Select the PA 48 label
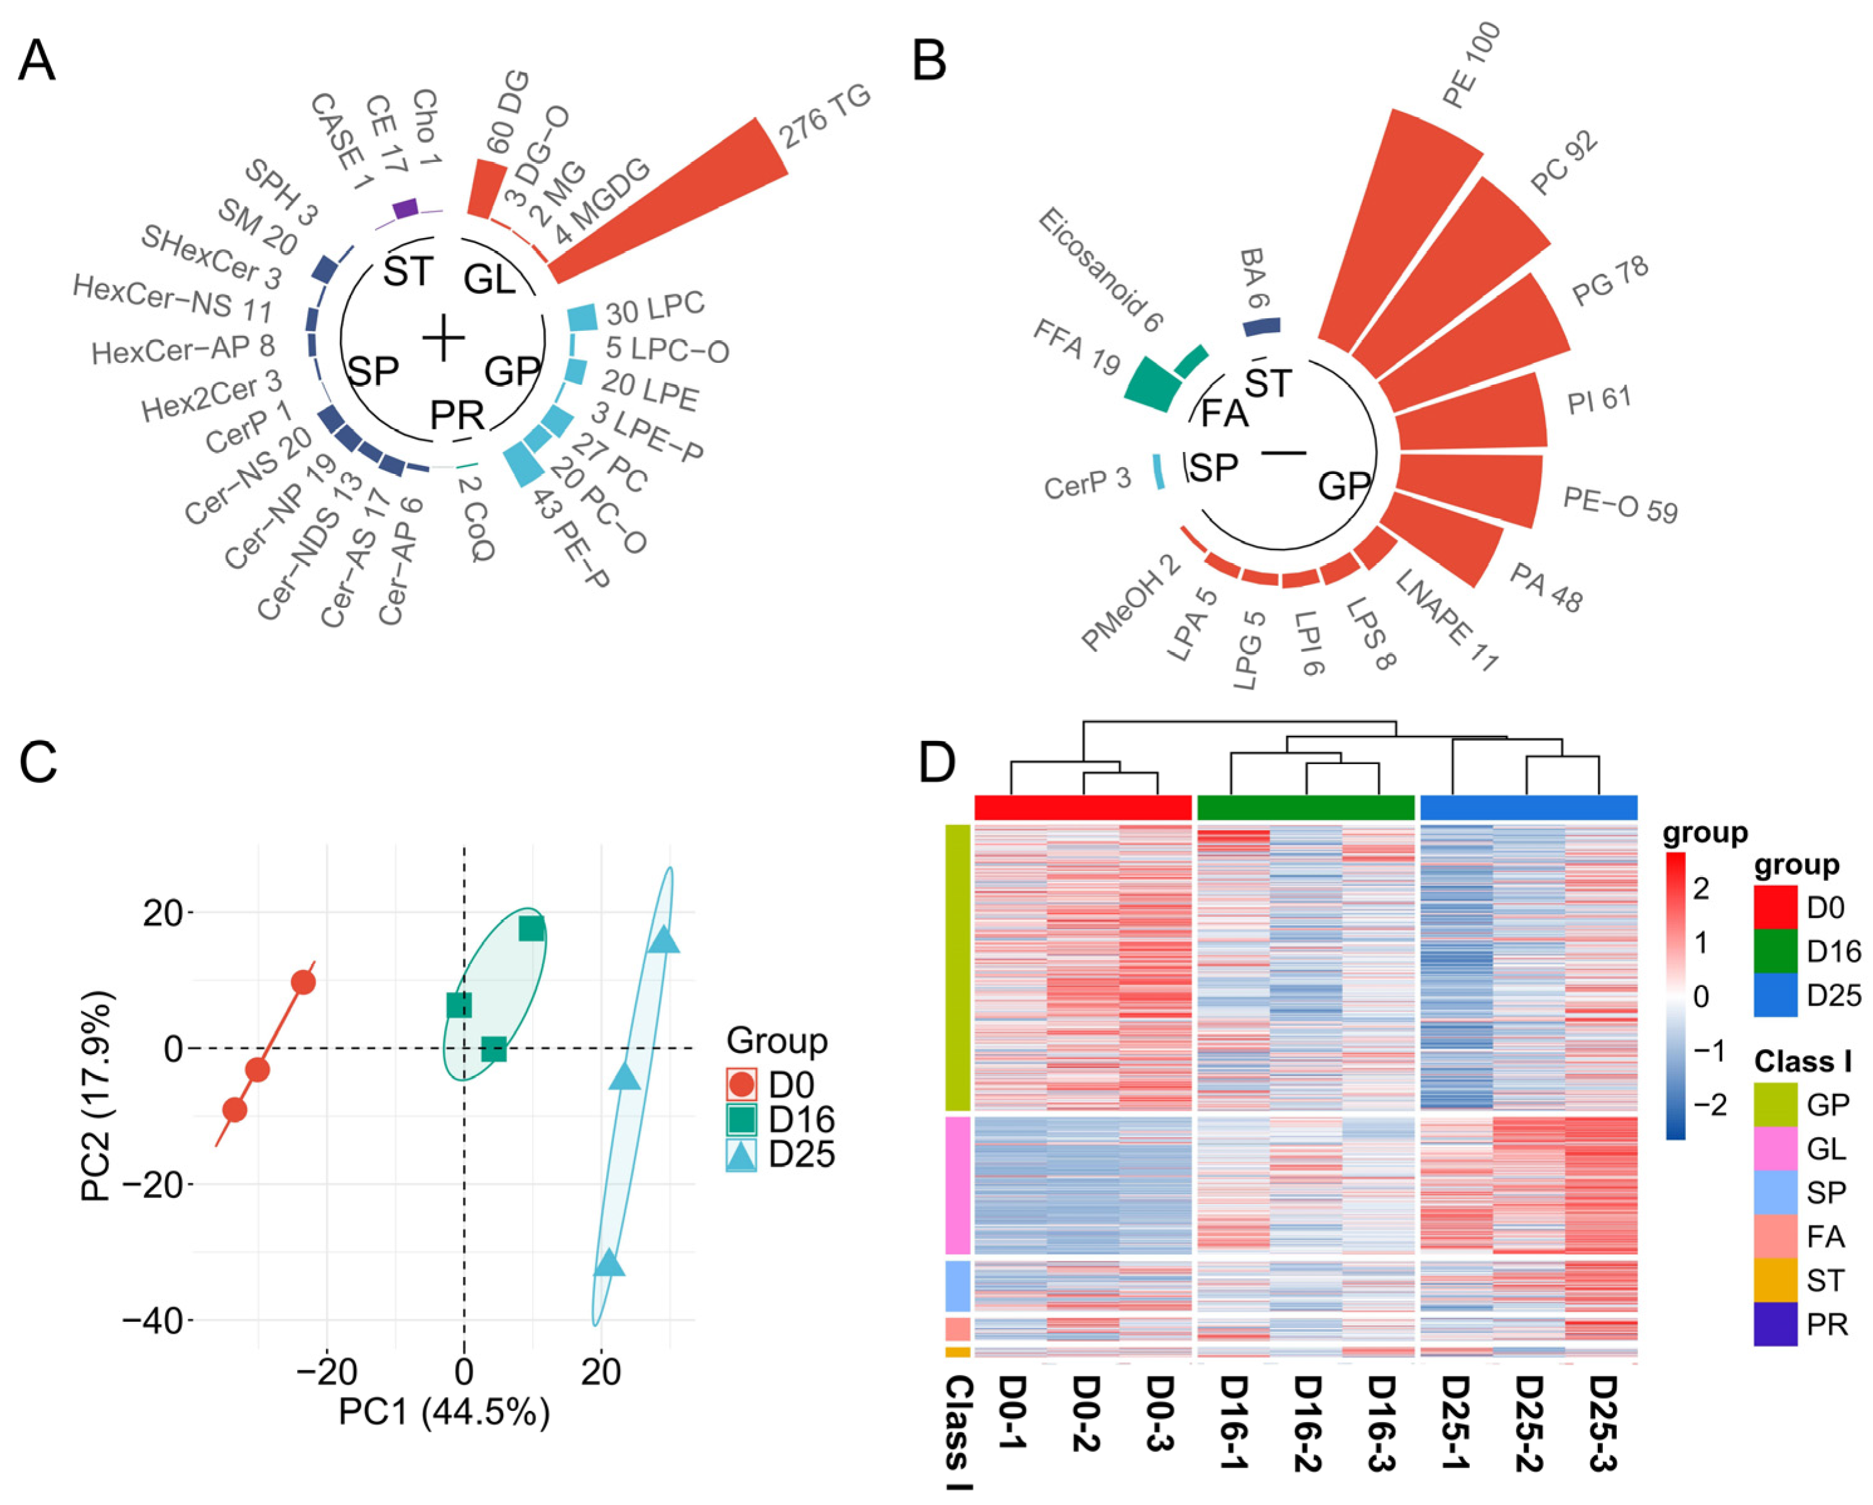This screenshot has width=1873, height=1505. coord(1546,587)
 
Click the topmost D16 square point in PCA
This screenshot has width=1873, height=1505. coord(531,929)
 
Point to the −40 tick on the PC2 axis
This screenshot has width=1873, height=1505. coord(152,1321)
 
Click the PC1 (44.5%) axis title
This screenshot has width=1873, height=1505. coord(443,1413)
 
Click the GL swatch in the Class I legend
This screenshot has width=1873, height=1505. coord(1775,1148)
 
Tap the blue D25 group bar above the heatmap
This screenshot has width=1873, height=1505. coord(1528,807)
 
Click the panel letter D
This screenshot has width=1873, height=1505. coord(936,762)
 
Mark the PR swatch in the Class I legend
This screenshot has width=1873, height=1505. coord(1775,1324)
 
